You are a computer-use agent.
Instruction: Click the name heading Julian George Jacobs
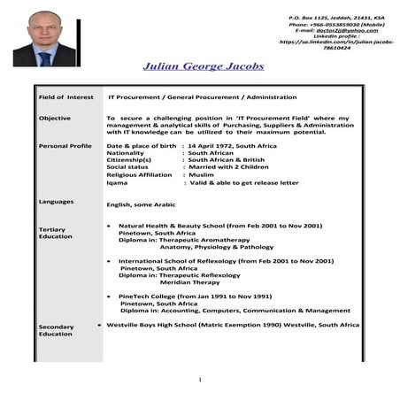point(203,66)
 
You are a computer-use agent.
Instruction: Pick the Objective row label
point(55,118)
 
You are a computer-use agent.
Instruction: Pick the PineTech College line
point(195,296)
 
